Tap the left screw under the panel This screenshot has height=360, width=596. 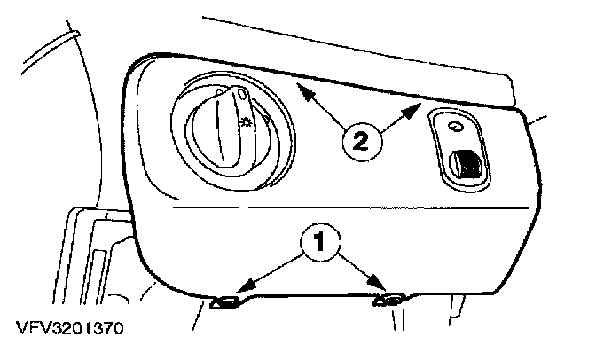[x=224, y=302]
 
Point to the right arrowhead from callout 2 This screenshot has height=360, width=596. [x=418, y=107]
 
